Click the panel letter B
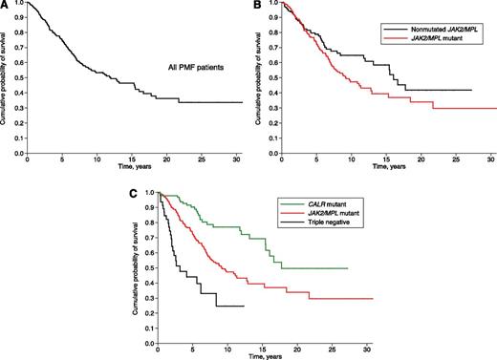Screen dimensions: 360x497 coord(256,6)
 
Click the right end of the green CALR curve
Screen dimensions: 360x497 coord(346,268)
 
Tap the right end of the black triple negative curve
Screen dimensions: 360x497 coord(245,306)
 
